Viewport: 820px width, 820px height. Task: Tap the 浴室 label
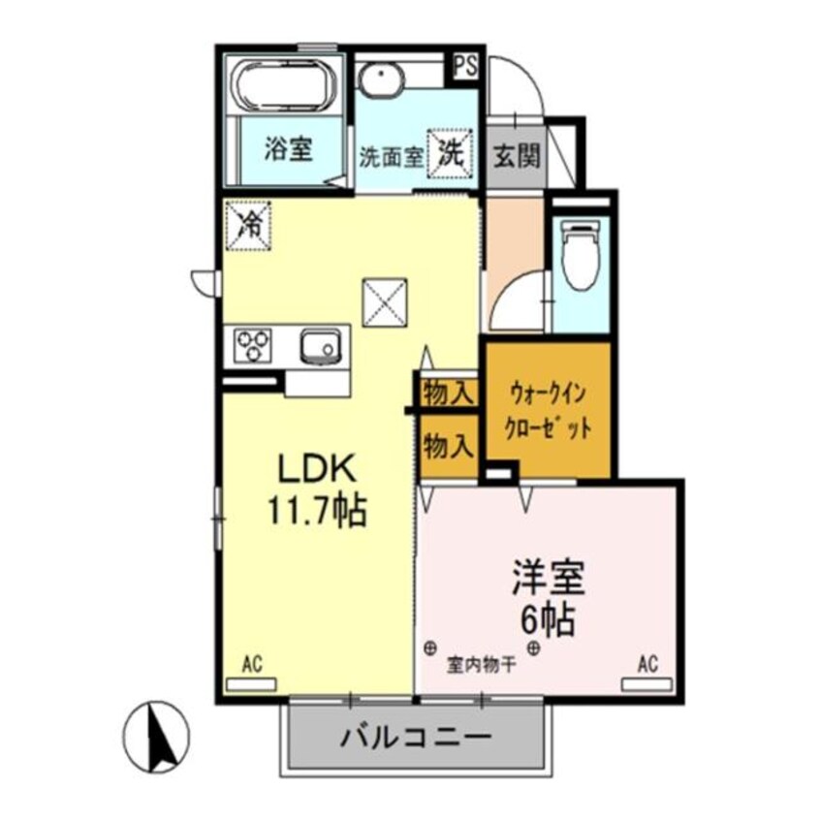point(289,150)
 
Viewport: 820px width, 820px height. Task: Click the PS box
point(465,66)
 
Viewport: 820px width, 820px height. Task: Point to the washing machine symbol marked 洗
point(452,152)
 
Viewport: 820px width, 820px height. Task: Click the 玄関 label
point(517,154)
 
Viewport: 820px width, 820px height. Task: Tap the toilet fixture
point(582,254)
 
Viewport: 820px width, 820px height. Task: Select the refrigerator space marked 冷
point(249,226)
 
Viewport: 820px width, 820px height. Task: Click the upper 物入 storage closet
point(449,394)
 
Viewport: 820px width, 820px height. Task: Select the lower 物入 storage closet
point(449,447)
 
